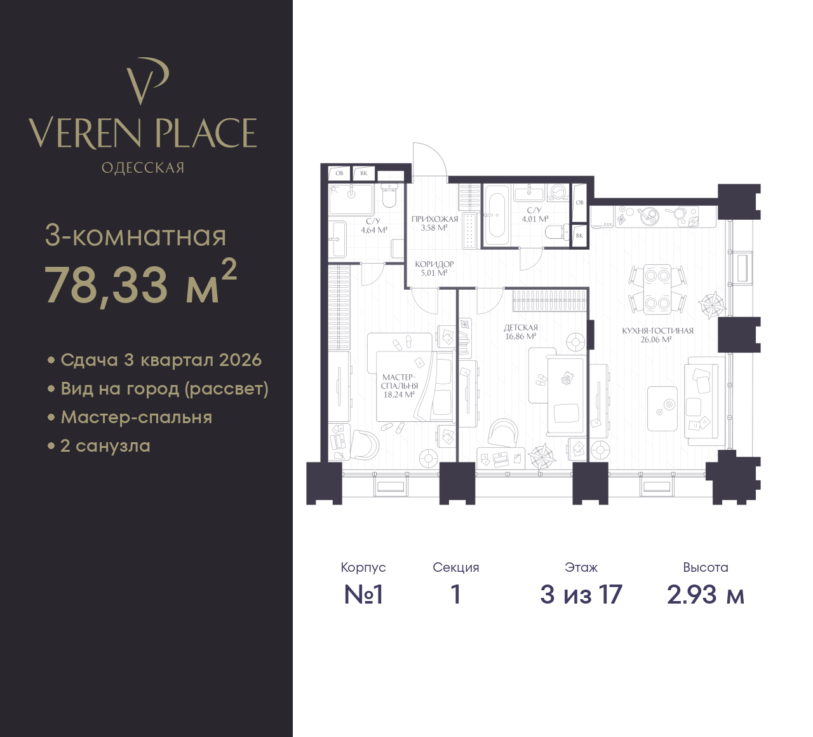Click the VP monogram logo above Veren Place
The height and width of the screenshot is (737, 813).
[147, 80]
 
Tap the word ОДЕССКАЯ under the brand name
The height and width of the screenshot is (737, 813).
[143, 168]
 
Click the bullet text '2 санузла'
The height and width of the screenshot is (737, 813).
[105, 446]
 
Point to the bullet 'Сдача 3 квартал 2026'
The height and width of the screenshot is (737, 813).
[161, 360]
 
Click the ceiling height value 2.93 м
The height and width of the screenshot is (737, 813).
[706, 595]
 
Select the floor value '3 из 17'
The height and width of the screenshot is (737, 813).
[581, 595]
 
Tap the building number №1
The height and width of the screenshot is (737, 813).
[363, 595]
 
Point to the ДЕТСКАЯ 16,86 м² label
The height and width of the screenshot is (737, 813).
[521, 332]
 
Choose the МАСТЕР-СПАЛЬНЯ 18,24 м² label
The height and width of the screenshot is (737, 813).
[400, 386]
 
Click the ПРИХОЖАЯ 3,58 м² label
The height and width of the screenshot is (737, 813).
[434, 223]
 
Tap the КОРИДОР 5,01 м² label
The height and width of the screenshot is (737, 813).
[434, 268]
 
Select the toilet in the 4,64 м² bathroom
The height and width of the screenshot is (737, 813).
[389, 196]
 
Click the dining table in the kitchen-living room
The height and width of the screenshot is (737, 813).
[657, 289]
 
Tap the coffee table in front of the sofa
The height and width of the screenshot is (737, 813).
[662, 409]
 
